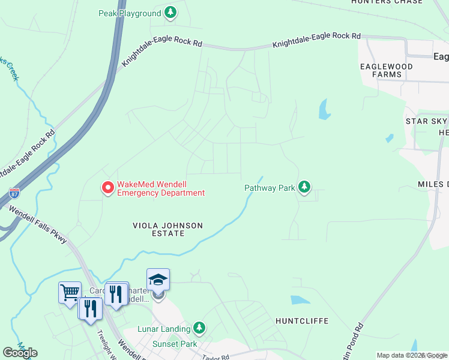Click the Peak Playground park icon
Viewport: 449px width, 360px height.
pyautogui.click(x=171, y=13)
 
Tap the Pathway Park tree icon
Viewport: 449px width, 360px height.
pyautogui.click(x=305, y=187)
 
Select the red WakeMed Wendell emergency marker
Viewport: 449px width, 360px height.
pyautogui.click(x=108, y=188)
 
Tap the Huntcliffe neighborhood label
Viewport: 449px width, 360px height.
pyautogui.click(x=302, y=321)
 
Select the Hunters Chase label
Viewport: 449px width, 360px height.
pyautogui.click(x=387, y=2)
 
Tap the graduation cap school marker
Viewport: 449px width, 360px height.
pyautogui.click(x=158, y=279)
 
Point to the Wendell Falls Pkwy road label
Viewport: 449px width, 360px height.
pyautogui.click(x=36, y=225)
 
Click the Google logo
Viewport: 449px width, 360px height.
pyautogui.click(x=20, y=353)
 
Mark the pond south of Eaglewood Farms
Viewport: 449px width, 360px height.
pyautogui.click(x=324, y=109)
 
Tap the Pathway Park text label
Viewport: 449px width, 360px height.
pyautogui.click(x=270, y=188)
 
